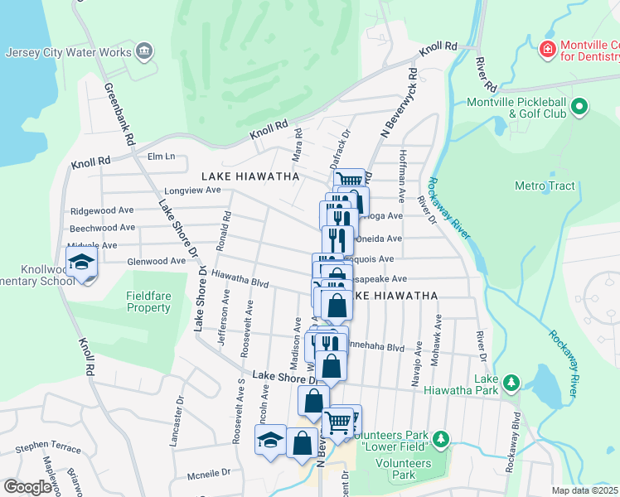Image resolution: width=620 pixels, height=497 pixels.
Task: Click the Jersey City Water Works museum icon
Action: pyautogui.click(x=144, y=52)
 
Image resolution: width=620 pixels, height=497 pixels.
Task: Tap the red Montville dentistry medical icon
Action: pyautogui.click(x=547, y=51)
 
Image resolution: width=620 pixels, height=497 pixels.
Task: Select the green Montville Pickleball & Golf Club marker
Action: pyautogui.click(x=579, y=106)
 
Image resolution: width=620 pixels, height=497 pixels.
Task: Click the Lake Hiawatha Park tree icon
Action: pyautogui.click(x=512, y=382)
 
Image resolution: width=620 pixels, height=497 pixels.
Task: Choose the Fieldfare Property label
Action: pyautogui.click(x=148, y=302)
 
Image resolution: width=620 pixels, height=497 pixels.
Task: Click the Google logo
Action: pyautogui.click(x=27, y=487)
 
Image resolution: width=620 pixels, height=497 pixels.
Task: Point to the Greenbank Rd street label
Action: pyautogui.click(x=119, y=114)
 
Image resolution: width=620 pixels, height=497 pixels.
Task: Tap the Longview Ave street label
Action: pyautogui.click(x=191, y=190)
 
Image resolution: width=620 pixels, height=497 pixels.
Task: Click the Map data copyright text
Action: pyautogui.click(x=585, y=490)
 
